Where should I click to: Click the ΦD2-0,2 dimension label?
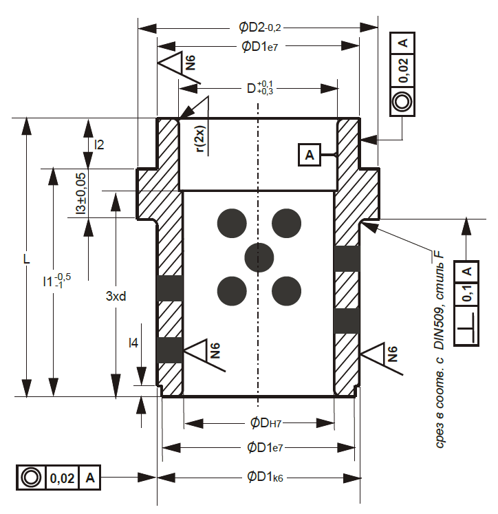[x=260, y=28]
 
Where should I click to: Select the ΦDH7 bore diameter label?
[x=266, y=423]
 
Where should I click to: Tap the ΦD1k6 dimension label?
[x=265, y=477]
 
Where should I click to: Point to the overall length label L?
[x=27, y=259]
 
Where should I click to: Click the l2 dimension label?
[x=99, y=144]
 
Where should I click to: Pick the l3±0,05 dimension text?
[x=81, y=194]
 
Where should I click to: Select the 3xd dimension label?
[x=116, y=297]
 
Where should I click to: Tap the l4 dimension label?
[x=133, y=343]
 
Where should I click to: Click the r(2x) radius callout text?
[x=200, y=139]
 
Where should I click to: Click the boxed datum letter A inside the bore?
[x=310, y=154]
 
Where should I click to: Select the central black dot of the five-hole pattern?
[x=259, y=257]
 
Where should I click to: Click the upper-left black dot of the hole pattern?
[x=232, y=223]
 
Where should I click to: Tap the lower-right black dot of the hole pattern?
[x=286, y=292]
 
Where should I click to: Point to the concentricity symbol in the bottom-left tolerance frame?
[x=31, y=478]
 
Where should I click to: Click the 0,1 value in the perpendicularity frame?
[x=467, y=293]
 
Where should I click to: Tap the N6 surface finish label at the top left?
[x=191, y=63]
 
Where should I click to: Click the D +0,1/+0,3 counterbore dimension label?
[x=260, y=88]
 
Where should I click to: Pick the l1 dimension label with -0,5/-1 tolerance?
[x=56, y=281]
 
